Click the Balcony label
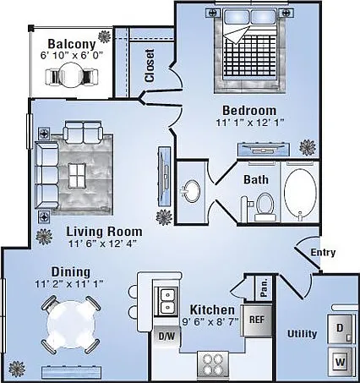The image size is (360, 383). click(x=72, y=44)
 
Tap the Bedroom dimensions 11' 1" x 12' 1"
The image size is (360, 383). click(x=250, y=123)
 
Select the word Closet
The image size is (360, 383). click(x=150, y=66)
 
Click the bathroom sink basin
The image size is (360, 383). click(x=192, y=191)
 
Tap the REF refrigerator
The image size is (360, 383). click(x=257, y=320)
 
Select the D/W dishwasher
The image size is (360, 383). click(x=166, y=336)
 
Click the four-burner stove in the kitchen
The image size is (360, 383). click(x=213, y=364)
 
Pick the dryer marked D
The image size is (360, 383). click(x=340, y=329)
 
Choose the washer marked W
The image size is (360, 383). click(x=341, y=362)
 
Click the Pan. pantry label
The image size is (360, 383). click(x=264, y=288)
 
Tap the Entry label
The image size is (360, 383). click(x=323, y=252)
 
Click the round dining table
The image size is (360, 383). click(x=70, y=324)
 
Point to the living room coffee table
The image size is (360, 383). click(x=77, y=176)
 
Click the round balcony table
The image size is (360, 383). click(x=71, y=74)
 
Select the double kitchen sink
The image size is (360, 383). click(x=167, y=301)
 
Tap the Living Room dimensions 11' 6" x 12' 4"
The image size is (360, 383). click(x=103, y=243)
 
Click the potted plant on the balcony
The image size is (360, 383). click(x=105, y=36)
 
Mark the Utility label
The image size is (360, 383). click(x=302, y=334)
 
